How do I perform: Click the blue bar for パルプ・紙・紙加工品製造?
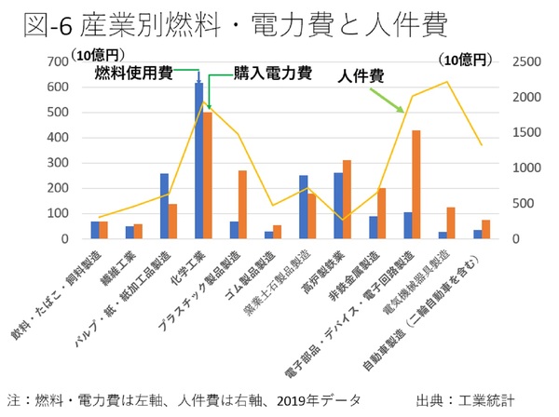[164, 206]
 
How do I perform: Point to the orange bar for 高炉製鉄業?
[347, 199]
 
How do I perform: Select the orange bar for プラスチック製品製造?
[242, 205]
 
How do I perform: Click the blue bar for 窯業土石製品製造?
[303, 207]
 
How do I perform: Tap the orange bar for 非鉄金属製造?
[381, 213]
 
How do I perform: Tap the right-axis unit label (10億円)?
[463, 60]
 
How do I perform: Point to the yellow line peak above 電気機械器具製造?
[447, 82]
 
